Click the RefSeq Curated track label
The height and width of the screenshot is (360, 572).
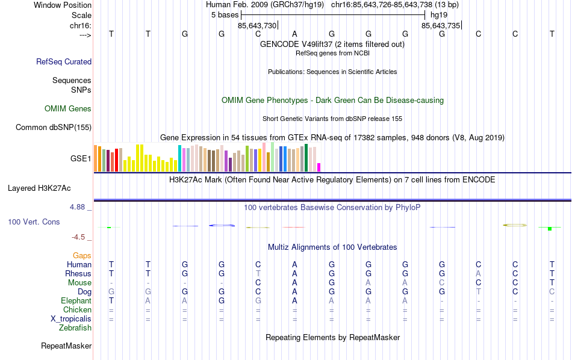(64, 61)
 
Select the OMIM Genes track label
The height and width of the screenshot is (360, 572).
(68, 109)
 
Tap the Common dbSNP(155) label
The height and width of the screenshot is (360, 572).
(54, 127)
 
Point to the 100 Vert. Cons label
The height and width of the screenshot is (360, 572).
(34, 222)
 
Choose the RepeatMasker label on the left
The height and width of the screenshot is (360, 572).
(66, 346)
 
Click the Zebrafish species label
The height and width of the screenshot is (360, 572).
(75, 328)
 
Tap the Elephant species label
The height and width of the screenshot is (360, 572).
(76, 301)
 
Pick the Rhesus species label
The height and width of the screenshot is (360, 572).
(78, 274)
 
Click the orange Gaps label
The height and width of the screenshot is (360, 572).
(82, 256)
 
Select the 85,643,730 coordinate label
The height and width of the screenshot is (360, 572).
(257, 25)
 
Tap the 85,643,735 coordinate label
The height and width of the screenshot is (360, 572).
(441, 25)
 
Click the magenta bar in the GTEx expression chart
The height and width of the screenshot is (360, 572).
(319, 167)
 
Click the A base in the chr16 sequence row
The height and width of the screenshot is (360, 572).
(294, 34)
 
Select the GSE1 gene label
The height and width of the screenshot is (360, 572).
(81, 159)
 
